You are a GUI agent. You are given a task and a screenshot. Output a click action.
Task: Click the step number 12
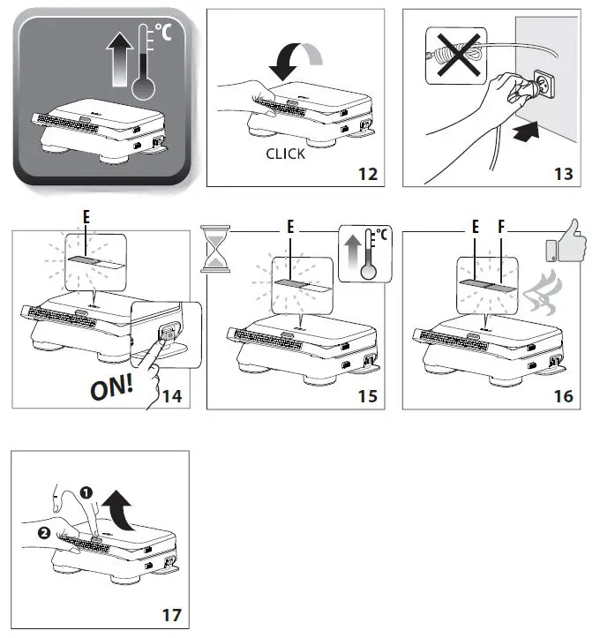[368, 174]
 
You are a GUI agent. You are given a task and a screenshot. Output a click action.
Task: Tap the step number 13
[564, 174]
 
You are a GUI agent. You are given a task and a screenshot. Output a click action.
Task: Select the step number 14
[172, 396]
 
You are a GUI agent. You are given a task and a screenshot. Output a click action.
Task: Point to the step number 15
[368, 396]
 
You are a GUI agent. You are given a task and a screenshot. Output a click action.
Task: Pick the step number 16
[564, 396]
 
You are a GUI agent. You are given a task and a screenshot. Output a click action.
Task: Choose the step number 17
[172, 615]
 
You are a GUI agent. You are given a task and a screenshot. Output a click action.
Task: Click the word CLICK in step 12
[286, 154]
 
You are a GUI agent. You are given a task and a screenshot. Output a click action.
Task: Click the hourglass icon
[215, 249]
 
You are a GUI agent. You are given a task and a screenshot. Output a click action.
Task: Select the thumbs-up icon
[566, 243]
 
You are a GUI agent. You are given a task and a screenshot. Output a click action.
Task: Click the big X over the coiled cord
[459, 55]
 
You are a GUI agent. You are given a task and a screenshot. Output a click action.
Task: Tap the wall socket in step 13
[544, 84]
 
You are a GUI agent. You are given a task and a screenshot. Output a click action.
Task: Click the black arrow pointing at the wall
[526, 131]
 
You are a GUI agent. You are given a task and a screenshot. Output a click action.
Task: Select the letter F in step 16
[501, 227]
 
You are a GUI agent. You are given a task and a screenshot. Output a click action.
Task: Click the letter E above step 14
[86, 217]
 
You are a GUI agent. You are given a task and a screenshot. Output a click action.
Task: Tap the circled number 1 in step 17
[86, 493]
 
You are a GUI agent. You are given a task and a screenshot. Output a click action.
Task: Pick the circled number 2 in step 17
[44, 533]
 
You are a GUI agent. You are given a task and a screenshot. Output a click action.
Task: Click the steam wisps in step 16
[542, 295]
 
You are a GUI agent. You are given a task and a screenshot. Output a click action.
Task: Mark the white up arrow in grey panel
[120, 59]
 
